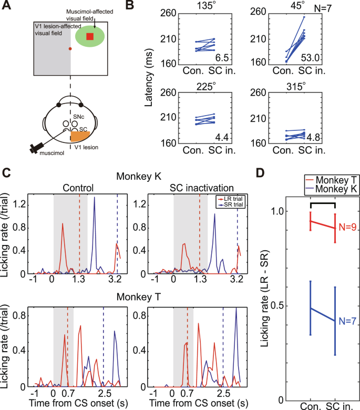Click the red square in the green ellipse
point(90,36)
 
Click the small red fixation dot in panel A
point(70,48)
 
